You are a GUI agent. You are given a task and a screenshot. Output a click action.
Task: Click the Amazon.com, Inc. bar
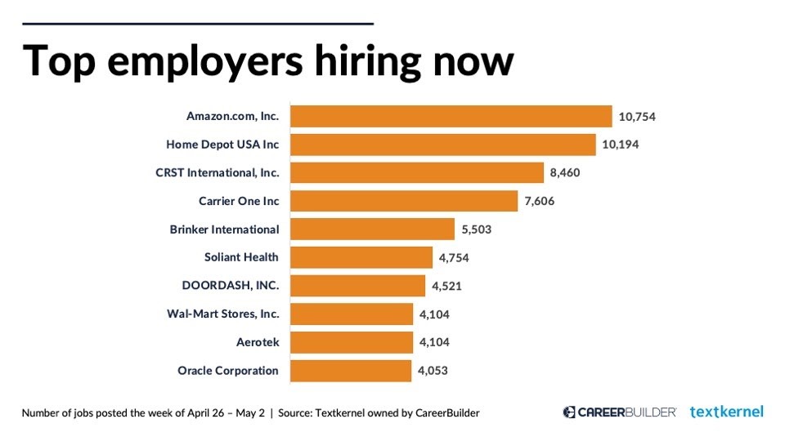[451, 116]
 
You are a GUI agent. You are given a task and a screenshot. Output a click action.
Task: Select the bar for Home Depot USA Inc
[443, 145]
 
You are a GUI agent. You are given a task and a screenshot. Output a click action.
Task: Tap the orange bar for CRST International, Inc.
[417, 172]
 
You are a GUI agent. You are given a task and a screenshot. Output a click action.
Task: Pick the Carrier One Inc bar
[405, 201]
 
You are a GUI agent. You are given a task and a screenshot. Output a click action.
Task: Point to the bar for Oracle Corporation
[351, 371]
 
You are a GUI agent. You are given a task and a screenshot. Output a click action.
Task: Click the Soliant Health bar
[361, 257]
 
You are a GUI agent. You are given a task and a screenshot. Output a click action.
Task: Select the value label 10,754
[637, 117]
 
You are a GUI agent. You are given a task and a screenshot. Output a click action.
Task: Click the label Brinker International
[224, 229]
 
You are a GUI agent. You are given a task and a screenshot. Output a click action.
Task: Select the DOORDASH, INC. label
[230, 286]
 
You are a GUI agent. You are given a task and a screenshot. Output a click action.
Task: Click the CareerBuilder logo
[619, 412]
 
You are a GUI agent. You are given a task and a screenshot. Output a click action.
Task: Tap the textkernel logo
[726, 412]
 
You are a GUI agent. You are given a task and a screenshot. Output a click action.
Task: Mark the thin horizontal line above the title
[197, 24]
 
